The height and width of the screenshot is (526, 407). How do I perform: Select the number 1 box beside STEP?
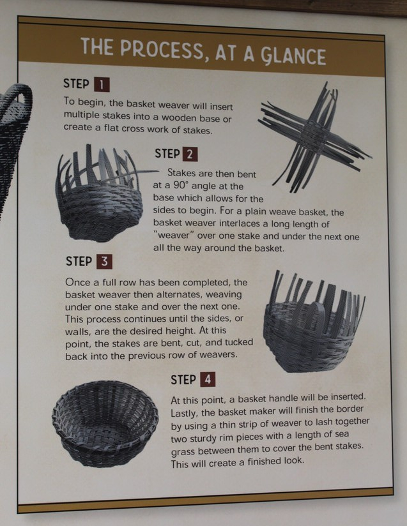click(x=102, y=84)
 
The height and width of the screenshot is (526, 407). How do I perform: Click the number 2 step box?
click(x=190, y=154)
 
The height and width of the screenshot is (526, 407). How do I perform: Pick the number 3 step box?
click(x=104, y=262)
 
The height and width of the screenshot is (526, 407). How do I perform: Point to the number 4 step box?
click(x=208, y=380)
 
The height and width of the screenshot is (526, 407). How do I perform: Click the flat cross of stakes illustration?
click(x=314, y=137)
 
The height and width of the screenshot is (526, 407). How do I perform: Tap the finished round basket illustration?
click(x=105, y=424)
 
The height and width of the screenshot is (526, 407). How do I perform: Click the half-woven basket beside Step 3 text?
click(x=314, y=322)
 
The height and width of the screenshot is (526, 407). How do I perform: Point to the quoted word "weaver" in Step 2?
click(x=174, y=235)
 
